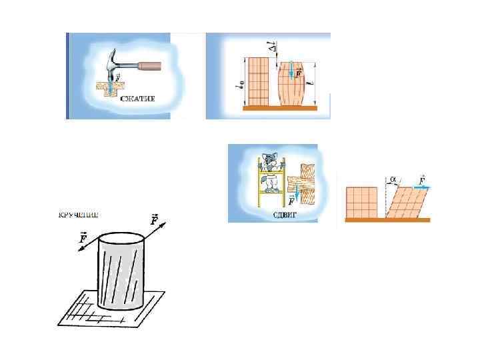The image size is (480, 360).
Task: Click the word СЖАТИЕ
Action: click(139, 98)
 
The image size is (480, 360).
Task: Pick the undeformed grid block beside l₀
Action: click(257, 81)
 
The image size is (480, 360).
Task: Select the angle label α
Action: click(394, 179)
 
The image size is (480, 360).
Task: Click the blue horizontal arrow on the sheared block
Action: click(421, 187)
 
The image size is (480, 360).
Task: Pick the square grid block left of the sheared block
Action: click(361, 203)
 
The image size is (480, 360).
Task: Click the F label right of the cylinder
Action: click(155, 219)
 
